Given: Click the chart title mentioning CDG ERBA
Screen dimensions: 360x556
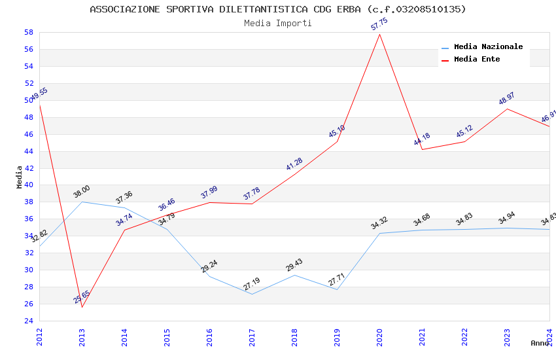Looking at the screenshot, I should click(x=278, y=9).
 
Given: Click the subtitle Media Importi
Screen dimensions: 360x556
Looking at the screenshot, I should click(x=278, y=23).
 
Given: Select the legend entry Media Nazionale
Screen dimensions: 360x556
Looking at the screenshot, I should click(x=488, y=47).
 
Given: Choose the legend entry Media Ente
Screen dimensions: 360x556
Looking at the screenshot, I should click(x=477, y=60).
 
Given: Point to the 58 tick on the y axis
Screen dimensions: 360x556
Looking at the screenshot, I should click(x=29, y=33).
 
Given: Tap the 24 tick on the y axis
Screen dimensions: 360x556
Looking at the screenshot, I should click(x=29, y=321).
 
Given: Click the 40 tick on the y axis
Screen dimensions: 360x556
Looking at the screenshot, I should click(x=29, y=185).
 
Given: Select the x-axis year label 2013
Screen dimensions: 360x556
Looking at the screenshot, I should click(x=82, y=337).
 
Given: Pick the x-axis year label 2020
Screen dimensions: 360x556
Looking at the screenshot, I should click(x=380, y=337).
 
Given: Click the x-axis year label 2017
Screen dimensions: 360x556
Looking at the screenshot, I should click(x=252, y=337).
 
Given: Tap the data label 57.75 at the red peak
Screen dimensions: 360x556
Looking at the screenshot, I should click(x=379, y=25).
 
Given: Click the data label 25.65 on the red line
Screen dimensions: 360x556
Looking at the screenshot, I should click(x=82, y=297).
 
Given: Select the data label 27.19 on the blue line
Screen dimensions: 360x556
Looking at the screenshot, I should click(x=252, y=284).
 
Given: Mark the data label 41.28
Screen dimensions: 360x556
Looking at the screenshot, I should click(x=294, y=164).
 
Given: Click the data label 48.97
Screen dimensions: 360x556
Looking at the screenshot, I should click(x=507, y=99).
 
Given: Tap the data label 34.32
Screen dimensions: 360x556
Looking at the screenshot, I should click(x=379, y=223).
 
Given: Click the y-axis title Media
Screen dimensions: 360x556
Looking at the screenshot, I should click(x=20, y=177).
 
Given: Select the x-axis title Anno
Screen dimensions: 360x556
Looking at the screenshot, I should click(x=540, y=343).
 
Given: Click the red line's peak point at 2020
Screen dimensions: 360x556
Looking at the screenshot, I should click(x=380, y=34).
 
